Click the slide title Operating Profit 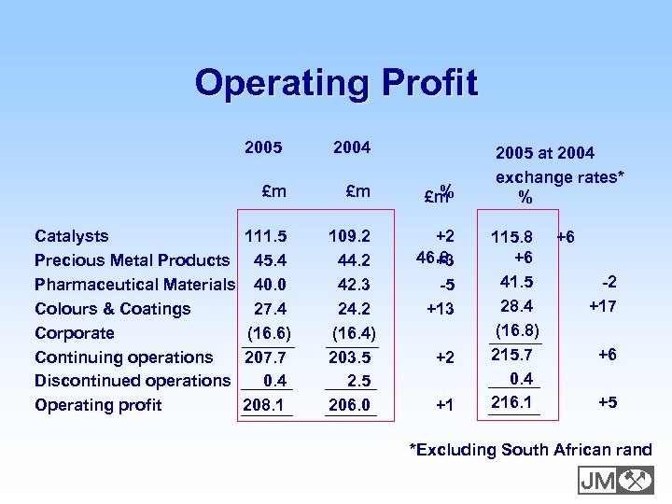pos(336,83)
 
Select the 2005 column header pos(263,147)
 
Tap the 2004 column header pos(352,147)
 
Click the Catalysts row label pos(71,236)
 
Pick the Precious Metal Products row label pos(132,260)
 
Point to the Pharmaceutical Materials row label pos(134,285)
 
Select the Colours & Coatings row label pos(112,309)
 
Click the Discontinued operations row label pos(132,381)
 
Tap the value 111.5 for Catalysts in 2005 pos(266,236)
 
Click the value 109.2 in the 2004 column pos(352,236)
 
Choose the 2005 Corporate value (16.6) pos(269,333)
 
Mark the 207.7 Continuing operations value pos(266,357)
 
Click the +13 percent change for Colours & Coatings pos(440,309)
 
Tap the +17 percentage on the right pos(602,305)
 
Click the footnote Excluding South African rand pos(531,450)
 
